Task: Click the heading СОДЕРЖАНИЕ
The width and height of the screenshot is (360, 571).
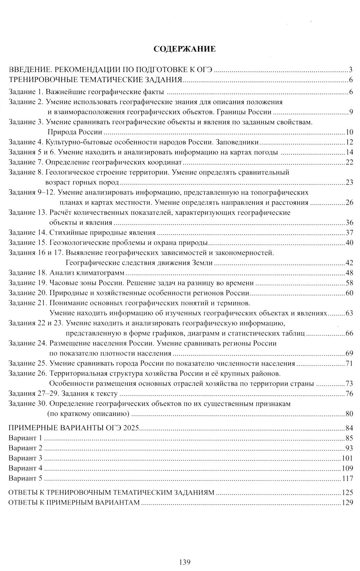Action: point(184,49)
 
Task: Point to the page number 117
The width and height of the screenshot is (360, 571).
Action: point(346,479)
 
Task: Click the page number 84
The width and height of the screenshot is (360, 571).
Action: point(348,428)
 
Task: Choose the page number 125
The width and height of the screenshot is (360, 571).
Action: point(346,493)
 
